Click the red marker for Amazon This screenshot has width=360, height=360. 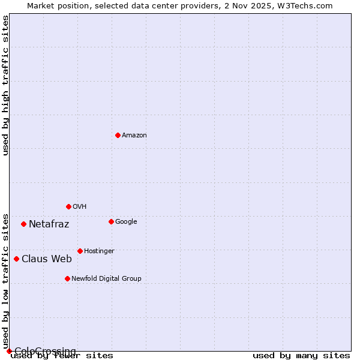click(x=118, y=135)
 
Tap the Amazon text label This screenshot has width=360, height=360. click(x=134, y=136)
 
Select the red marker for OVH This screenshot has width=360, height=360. click(x=68, y=206)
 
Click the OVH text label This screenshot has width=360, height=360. click(x=80, y=207)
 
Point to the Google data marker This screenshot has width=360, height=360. click(x=111, y=221)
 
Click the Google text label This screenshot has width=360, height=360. click(x=126, y=222)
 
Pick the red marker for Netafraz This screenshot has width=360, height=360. click(x=23, y=224)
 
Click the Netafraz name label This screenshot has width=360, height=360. click(x=49, y=224)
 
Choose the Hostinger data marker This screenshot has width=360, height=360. click(x=80, y=251)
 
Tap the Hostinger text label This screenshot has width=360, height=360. click(x=99, y=251)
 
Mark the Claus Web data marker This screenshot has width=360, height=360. click(x=16, y=259)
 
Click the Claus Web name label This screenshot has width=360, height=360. click(x=47, y=259)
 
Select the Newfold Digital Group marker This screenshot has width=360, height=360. click(x=67, y=278)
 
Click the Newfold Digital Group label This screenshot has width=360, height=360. click(x=107, y=279)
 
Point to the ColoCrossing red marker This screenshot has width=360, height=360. click(x=9, y=351)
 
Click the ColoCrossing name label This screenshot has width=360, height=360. click(x=45, y=351)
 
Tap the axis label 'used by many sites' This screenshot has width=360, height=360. click(x=301, y=356)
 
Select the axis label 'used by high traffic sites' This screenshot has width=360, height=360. click(x=5, y=85)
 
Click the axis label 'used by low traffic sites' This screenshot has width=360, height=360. click(x=5, y=281)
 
